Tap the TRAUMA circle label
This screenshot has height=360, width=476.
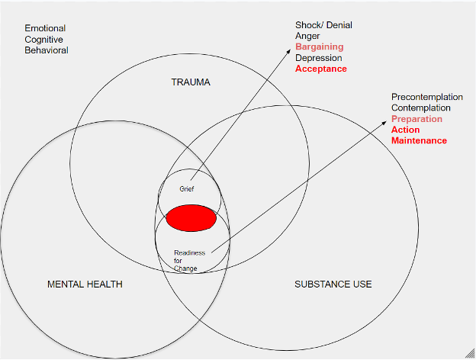pyautogui.click(x=190, y=82)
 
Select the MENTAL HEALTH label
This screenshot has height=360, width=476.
pyautogui.click(x=85, y=284)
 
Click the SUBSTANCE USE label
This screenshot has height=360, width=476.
pyautogui.click(x=333, y=284)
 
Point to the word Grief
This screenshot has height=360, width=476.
pyautogui.click(x=188, y=188)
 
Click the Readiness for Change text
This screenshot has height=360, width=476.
pyautogui.click(x=188, y=260)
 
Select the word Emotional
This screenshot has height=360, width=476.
pyautogui.click(x=45, y=28)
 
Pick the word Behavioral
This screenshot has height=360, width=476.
pyautogui.click(x=47, y=50)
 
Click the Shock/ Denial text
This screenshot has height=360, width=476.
pyautogui.click(x=323, y=25)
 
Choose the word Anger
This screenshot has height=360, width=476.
pyautogui.click(x=309, y=36)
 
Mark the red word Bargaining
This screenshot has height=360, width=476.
pyautogui.click(x=320, y=47)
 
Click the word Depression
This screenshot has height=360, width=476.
pyautogui.click(x=319, y=58)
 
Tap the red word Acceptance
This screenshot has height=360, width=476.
pyautogui.click(x=321, y=69)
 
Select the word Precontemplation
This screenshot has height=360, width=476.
pyautogui.click(x=427, y=97)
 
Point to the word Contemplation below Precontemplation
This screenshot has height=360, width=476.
pyautogui.click(x=421, y=108)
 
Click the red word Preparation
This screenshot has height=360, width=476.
pyautogui.click(x=416, y=119)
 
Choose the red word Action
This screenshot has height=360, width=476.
pyautogui.click(x=406, y=130)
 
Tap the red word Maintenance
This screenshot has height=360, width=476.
pyautogui.click(x=419, y=140)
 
